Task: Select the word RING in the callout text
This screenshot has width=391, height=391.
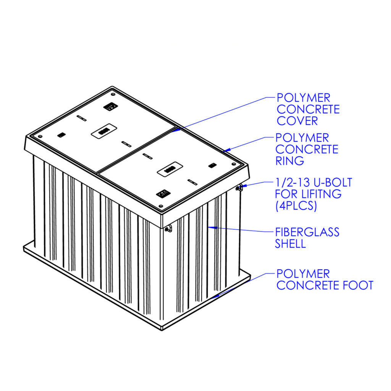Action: (289, 161)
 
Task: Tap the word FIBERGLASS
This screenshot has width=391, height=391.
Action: (307, 232)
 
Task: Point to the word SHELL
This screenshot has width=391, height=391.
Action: (290, 244)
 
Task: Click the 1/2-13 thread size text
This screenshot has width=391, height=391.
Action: (294, 182)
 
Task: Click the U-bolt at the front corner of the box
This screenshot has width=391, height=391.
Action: (168, 229)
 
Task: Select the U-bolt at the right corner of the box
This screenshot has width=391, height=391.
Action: (239, 187)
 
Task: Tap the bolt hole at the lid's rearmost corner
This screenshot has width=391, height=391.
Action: (113, 94)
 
